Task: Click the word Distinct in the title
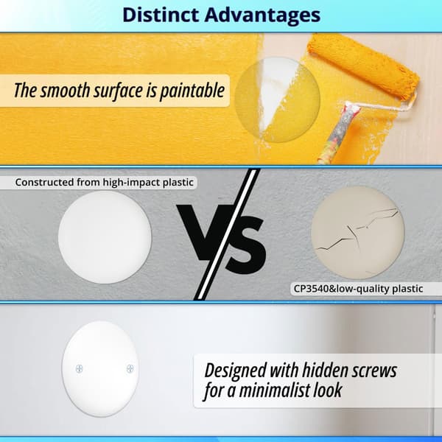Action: tap(161, 15)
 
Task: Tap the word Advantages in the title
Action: tap(262, 15)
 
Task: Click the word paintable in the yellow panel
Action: tap(192, 91)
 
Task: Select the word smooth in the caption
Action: tap(65, 91)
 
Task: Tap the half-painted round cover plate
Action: tap(278, 99)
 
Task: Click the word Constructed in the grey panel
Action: tap(44, 182)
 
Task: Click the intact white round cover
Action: tap(105, 237)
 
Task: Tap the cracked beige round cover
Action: tap(358, 233)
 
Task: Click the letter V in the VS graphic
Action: tap(203, 232)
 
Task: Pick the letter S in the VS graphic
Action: tap(246, 244)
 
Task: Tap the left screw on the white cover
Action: tap(80, 368)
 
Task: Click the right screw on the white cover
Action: tap(130, 368)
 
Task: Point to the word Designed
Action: tap(236, 371)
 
